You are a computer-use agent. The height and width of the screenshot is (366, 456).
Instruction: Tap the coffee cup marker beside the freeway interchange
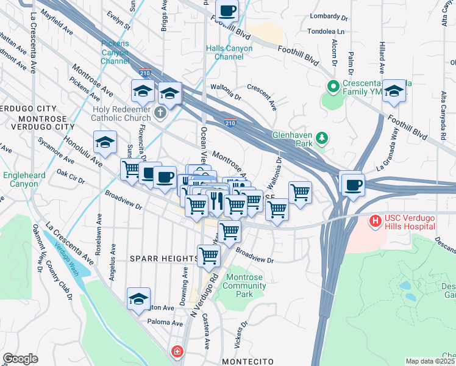click(x=353, y=184)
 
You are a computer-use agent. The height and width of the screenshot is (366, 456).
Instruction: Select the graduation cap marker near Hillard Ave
click(x=394, y=91)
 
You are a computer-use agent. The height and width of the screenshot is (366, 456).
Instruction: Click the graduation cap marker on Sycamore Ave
click(x=105, y=143)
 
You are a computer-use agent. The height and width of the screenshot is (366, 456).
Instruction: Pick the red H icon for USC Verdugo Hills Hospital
click(x=376, y=220)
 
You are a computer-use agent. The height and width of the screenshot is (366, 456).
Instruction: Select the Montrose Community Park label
click(x=244, y=285)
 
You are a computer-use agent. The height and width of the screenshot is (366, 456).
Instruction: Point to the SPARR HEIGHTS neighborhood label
click(x=164, y=259)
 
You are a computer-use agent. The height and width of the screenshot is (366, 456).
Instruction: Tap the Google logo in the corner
click(x=21, y=358)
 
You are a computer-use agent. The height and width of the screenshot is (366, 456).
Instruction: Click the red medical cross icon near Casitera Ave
click(x=177, y=352)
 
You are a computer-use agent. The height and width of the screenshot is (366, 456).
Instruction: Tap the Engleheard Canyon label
click(x=21, y=179)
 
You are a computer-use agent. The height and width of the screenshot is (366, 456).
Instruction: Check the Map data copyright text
click(x=430, y=361)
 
